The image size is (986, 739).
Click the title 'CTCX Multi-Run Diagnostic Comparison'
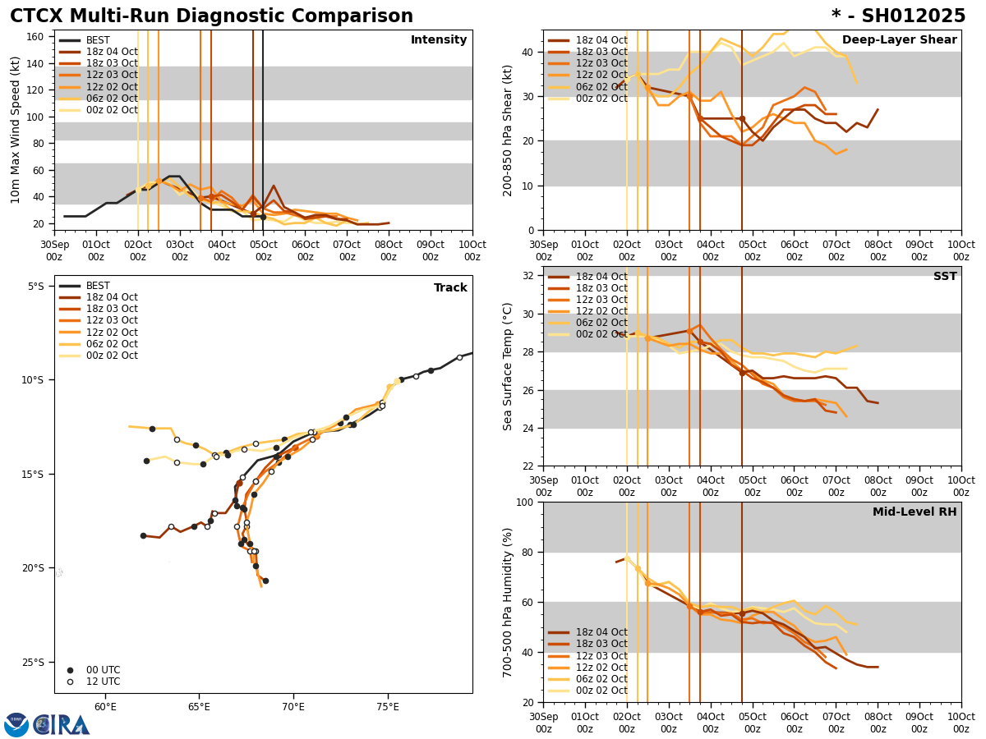click(211, 16)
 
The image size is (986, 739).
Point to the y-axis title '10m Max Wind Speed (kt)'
click(16, 130)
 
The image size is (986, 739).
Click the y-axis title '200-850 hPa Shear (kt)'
click(508, 130)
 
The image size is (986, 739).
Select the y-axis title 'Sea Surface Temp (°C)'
click(508, 366)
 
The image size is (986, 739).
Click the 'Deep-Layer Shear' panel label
click(899, 40)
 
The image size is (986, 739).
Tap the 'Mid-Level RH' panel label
click(915, 512)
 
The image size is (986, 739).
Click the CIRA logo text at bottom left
click(62, 724)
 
